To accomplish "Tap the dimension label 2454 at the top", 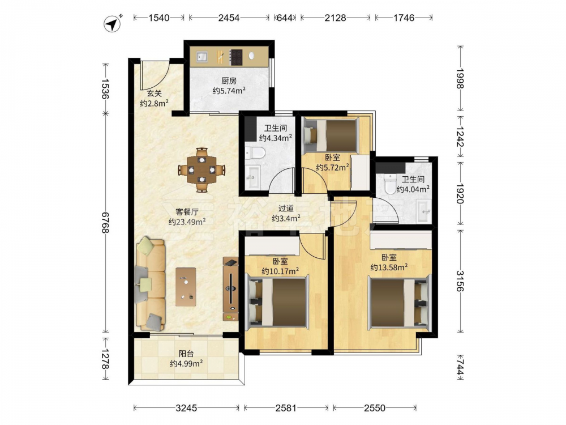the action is pos(229,18).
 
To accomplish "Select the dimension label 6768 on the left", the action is pos(105,222).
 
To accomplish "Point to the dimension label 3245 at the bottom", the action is pos(186,408).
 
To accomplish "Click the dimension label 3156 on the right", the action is pos(460,281).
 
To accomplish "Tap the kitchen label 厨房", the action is pos(229,80).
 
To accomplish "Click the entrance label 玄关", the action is pos(154,93).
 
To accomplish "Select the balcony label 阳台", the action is pos(186,354).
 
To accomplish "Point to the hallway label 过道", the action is pos(286,208).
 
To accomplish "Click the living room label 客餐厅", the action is pos(187,212).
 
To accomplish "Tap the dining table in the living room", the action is pos(202,169).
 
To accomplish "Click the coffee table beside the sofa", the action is pos(186,287).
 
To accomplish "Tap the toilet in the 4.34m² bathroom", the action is pos(255,153).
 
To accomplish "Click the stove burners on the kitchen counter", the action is pos(237,57).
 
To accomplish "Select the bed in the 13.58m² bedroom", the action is pos(400,302).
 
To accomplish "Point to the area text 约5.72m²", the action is pos(332,167).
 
